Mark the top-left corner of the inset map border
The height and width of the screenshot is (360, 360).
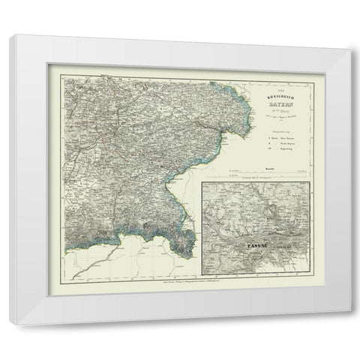point(201,181)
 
